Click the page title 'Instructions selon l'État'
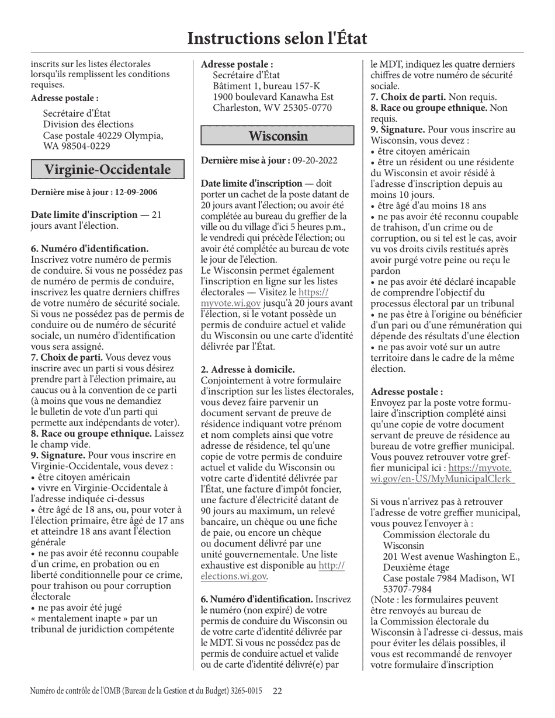277,39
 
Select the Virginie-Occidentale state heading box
107,170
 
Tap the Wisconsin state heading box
277,136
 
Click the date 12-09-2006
136,192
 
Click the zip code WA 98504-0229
77,146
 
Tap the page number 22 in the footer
277,691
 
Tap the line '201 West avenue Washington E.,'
451,556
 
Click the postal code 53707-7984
407,589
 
